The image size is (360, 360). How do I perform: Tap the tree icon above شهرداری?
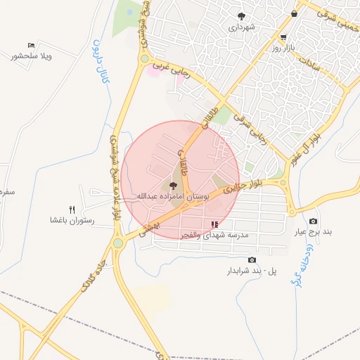[x=242, y=15]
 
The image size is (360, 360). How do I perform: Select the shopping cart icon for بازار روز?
[x=283, y=38]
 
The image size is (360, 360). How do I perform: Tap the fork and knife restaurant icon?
[x=72, y=210]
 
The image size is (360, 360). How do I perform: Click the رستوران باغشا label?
[x=72, y=221]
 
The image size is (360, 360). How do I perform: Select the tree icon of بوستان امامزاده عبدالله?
[x=173, y=184]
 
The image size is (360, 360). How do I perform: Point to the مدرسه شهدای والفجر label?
[x=215, y=237]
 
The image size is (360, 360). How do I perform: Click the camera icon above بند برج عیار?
[x=313, y=221]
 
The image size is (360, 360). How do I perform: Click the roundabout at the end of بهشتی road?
[x=118, y=243]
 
